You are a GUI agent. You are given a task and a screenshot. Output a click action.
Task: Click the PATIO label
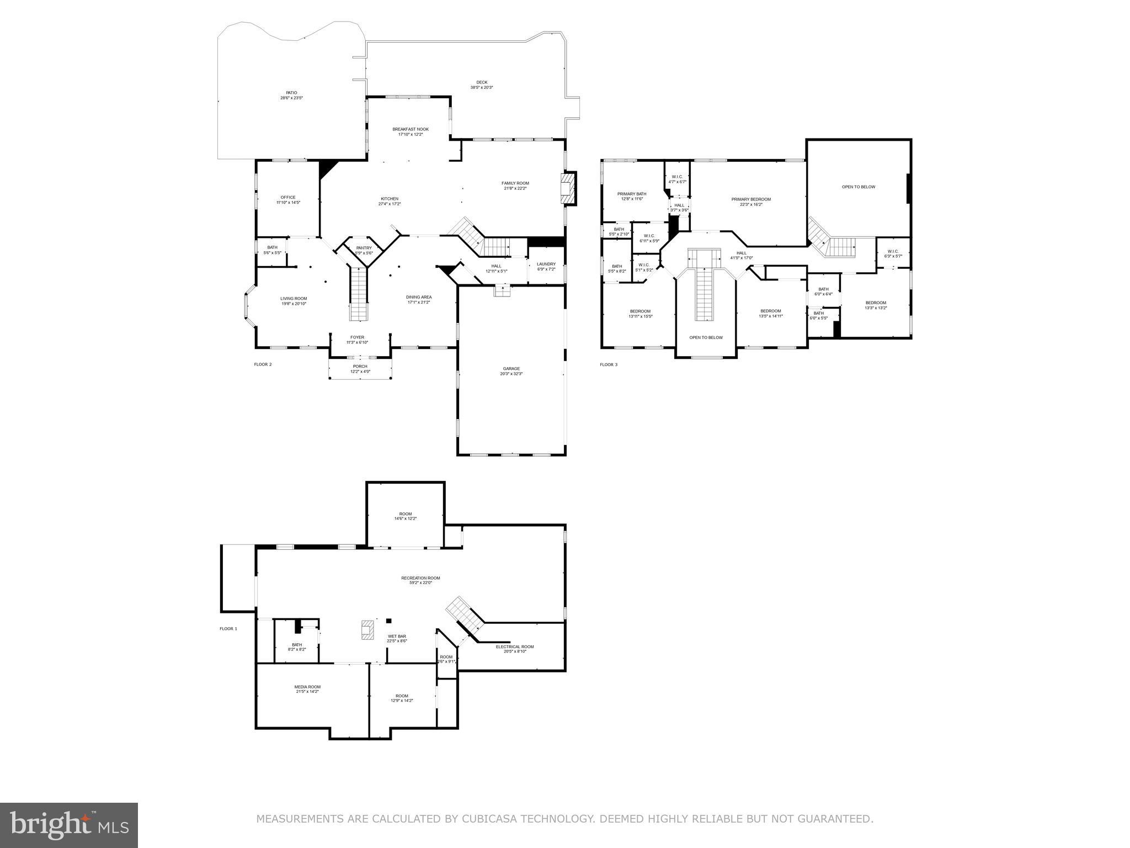point(291,93)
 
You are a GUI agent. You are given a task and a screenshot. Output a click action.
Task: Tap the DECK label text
point(482,82)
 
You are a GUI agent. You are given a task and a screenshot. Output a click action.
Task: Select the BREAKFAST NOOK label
point(410,129)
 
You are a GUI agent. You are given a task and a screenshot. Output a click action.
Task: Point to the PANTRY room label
point(364,248)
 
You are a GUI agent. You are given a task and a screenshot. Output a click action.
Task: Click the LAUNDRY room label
point(546,264)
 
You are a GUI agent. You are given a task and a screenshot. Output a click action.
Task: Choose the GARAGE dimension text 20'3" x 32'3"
point(511,374)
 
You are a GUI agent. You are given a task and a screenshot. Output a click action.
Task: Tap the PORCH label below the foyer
point(360,367)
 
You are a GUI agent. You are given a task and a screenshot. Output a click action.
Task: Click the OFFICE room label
point(287,197)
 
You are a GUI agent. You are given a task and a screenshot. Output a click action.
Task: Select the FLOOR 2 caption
point(263,364)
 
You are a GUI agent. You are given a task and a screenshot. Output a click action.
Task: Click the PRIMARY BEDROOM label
point(750,199)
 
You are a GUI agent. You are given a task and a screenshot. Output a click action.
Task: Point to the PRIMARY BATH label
point(631,194)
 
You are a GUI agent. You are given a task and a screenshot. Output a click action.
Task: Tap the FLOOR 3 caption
point(609,364)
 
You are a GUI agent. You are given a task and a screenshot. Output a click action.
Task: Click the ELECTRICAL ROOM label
point(514,646)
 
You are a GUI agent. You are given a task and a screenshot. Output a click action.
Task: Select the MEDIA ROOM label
point(307,687)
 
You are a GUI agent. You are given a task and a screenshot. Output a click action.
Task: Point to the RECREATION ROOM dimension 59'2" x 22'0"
point(420,582)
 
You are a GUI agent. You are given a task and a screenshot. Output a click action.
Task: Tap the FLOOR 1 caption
point(228,629)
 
